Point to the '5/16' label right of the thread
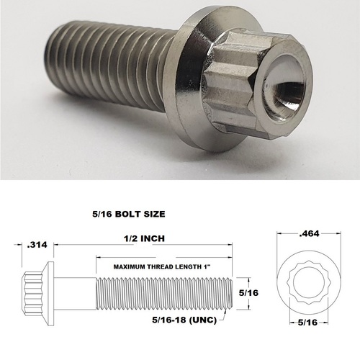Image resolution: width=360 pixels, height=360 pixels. tap(248, 294)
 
